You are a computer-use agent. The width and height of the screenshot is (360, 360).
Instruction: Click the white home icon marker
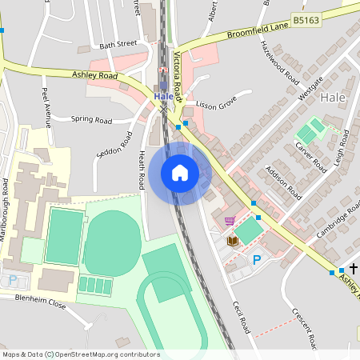point(180,173)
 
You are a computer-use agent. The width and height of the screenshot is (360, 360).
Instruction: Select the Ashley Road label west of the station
point(94,75)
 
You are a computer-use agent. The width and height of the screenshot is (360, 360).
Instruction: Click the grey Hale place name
point(331,97)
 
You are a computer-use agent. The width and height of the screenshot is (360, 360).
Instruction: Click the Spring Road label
point(91,119)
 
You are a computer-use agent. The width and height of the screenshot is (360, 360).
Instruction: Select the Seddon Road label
point(114,145)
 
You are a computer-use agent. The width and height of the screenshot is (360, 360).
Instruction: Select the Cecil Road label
point(242,318)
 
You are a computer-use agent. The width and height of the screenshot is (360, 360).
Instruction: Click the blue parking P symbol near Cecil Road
point(257,260)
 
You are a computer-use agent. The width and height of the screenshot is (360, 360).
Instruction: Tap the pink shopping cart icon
point(230,222)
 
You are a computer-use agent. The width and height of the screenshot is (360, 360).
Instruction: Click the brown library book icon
point(232,241)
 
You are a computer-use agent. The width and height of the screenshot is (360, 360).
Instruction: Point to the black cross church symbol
point(353,268)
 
